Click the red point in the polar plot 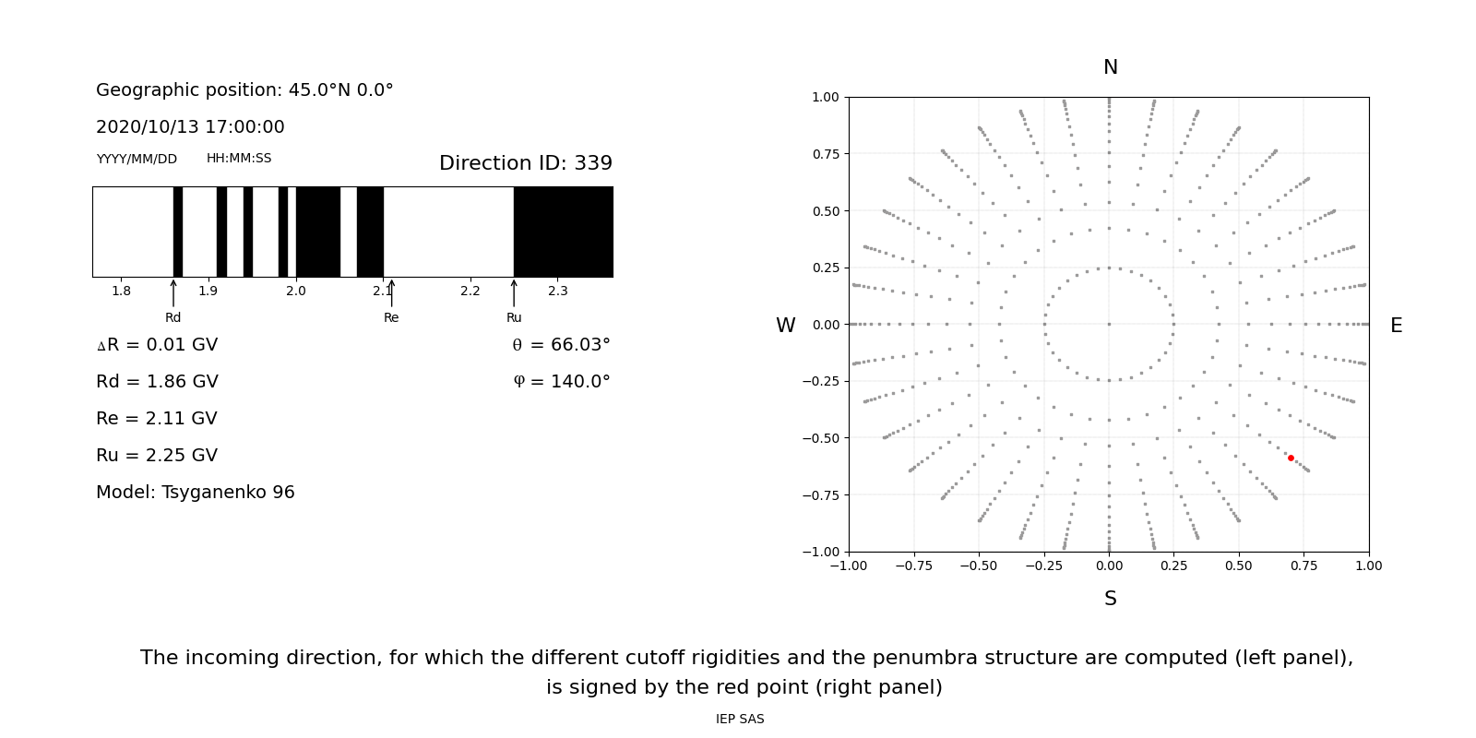coord(1291,458)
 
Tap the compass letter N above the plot coord(1110,67)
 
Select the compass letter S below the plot coord(1110,599)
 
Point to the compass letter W coord(785,326)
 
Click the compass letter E coord(1396,326)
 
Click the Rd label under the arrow coord(173,317)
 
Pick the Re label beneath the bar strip coord(391,317)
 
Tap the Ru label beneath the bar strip coord(514,317)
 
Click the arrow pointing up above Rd coord(173,293)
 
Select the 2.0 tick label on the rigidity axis coord(295,292)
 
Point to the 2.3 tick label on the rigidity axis coord(557,292)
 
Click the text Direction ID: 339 coord(525,163)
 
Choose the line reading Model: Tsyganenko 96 coord(196,493)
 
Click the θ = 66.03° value coord(561,345)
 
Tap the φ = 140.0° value coord(562,382)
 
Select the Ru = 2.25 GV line coord(157,456)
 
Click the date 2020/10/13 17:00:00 coord(190,127)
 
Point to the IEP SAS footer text coord(740,720)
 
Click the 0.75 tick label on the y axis coord(825,154)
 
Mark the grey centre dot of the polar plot coord(1109,324)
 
